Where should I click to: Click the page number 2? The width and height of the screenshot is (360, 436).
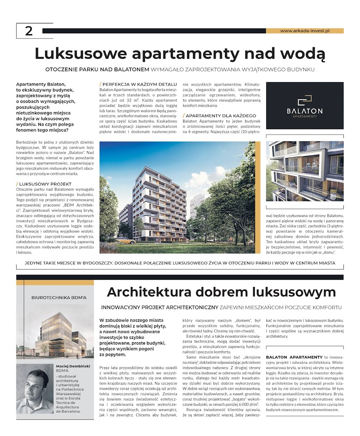coord(29,31)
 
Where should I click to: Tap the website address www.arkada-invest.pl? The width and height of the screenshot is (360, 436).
coord(305,31)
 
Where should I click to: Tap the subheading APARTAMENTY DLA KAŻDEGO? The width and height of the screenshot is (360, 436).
coord(221,116)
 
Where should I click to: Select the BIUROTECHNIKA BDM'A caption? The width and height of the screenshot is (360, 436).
coord(55,298)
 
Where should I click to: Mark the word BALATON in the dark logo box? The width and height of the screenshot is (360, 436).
coord(305,111)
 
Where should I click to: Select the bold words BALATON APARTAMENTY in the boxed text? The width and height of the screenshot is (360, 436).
coord(294,357)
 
